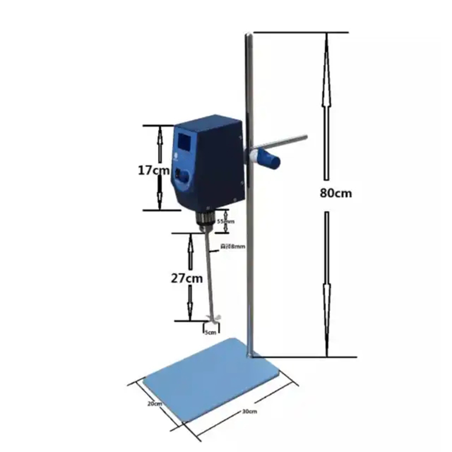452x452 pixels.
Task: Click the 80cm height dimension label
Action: [335, 193]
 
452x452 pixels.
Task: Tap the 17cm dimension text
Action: [154, 170]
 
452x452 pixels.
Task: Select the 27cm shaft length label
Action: [187, 278]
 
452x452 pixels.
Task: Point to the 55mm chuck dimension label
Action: [226, 221]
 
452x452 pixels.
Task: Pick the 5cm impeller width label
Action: [211, 333]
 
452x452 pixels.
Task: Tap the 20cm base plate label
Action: [154, 403]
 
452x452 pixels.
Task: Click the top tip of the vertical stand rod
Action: [248, 35]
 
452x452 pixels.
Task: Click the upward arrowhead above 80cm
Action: [325, 41]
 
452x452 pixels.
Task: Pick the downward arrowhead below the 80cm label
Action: [326, 348]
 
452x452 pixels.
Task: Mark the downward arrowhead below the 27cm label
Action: [190, 314]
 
